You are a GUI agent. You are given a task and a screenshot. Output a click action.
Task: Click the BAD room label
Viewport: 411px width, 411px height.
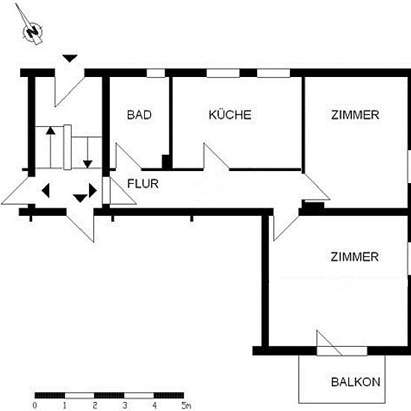point(139,115)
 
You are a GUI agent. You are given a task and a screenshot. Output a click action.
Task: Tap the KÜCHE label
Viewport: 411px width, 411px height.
point(230,114)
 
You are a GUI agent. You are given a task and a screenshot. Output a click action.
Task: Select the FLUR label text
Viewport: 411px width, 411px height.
point(143,184)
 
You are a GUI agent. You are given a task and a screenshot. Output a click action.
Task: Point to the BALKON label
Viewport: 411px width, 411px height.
point(356,382)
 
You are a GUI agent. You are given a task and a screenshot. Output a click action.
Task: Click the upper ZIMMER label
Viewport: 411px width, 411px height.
point(355,115)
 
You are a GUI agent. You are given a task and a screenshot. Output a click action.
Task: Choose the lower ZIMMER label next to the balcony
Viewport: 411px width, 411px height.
point(354,257)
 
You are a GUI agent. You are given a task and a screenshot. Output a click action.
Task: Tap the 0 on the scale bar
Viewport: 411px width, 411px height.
point(34,405)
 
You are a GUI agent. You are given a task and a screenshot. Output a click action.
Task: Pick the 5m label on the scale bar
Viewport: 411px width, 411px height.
point(186,405)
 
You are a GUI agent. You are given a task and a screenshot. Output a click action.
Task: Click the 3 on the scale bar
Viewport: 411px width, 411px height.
point(125,405)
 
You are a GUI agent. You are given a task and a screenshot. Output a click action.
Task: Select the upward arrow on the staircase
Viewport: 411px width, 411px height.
point(51,147)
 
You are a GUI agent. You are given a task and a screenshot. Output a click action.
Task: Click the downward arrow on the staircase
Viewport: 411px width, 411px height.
point(87,152)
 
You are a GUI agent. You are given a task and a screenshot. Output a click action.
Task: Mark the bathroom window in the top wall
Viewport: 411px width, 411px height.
point(155,73)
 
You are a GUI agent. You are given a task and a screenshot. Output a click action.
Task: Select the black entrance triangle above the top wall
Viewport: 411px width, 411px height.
point(70,58)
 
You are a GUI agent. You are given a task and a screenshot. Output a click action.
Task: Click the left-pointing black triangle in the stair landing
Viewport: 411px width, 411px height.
point(46,191)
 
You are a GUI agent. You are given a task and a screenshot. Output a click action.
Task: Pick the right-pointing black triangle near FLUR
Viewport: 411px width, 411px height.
point(93,191)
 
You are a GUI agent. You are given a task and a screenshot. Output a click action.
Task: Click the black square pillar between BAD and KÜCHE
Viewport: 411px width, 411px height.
point(166,161)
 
